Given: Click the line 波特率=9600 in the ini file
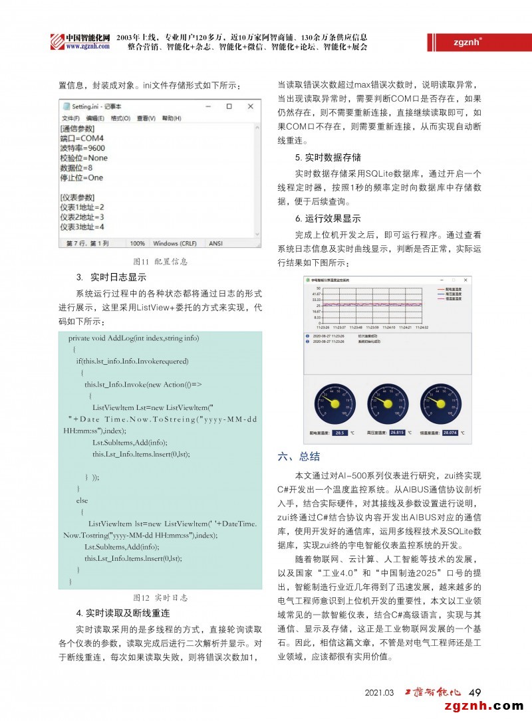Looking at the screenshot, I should tap(82, 148).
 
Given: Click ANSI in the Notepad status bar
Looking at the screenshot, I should tap(215, 244).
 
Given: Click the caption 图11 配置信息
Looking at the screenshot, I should tap(157, 262).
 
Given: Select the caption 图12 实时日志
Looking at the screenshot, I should tap(157, 598).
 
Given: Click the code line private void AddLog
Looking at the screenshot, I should tap(133, 338).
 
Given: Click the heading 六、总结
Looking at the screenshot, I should tap(299, 457).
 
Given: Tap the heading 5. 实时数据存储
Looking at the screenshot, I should tap(328, 157).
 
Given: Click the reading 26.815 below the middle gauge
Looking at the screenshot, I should tap(397, 433).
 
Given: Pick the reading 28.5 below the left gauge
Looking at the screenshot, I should tap(340, 433).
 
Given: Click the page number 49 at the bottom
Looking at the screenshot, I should tap(475, 692).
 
